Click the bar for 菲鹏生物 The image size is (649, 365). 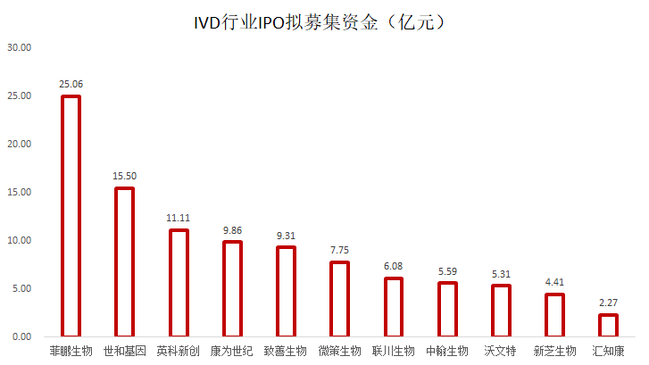[71, 217]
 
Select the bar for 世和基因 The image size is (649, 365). [125, 263]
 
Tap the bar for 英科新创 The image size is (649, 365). [179, 284]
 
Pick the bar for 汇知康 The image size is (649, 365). [608, 327]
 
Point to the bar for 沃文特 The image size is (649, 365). [501, 311]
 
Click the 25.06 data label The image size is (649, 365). [71, 84]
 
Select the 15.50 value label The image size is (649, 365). [125, 176]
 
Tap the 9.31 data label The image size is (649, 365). [286, 236]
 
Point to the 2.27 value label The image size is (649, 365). [608, 303]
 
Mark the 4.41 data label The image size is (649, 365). [554, 283]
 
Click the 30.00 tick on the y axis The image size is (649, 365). [19, 47]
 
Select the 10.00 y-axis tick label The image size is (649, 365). [19, 241]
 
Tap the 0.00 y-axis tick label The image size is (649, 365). [21, 337]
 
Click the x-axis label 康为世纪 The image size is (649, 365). [232, 351]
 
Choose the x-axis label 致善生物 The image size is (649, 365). [286, 351]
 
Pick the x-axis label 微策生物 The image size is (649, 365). [339, 351]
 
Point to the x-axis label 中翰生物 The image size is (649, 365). [447, 351]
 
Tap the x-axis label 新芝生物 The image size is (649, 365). [554, 351]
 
